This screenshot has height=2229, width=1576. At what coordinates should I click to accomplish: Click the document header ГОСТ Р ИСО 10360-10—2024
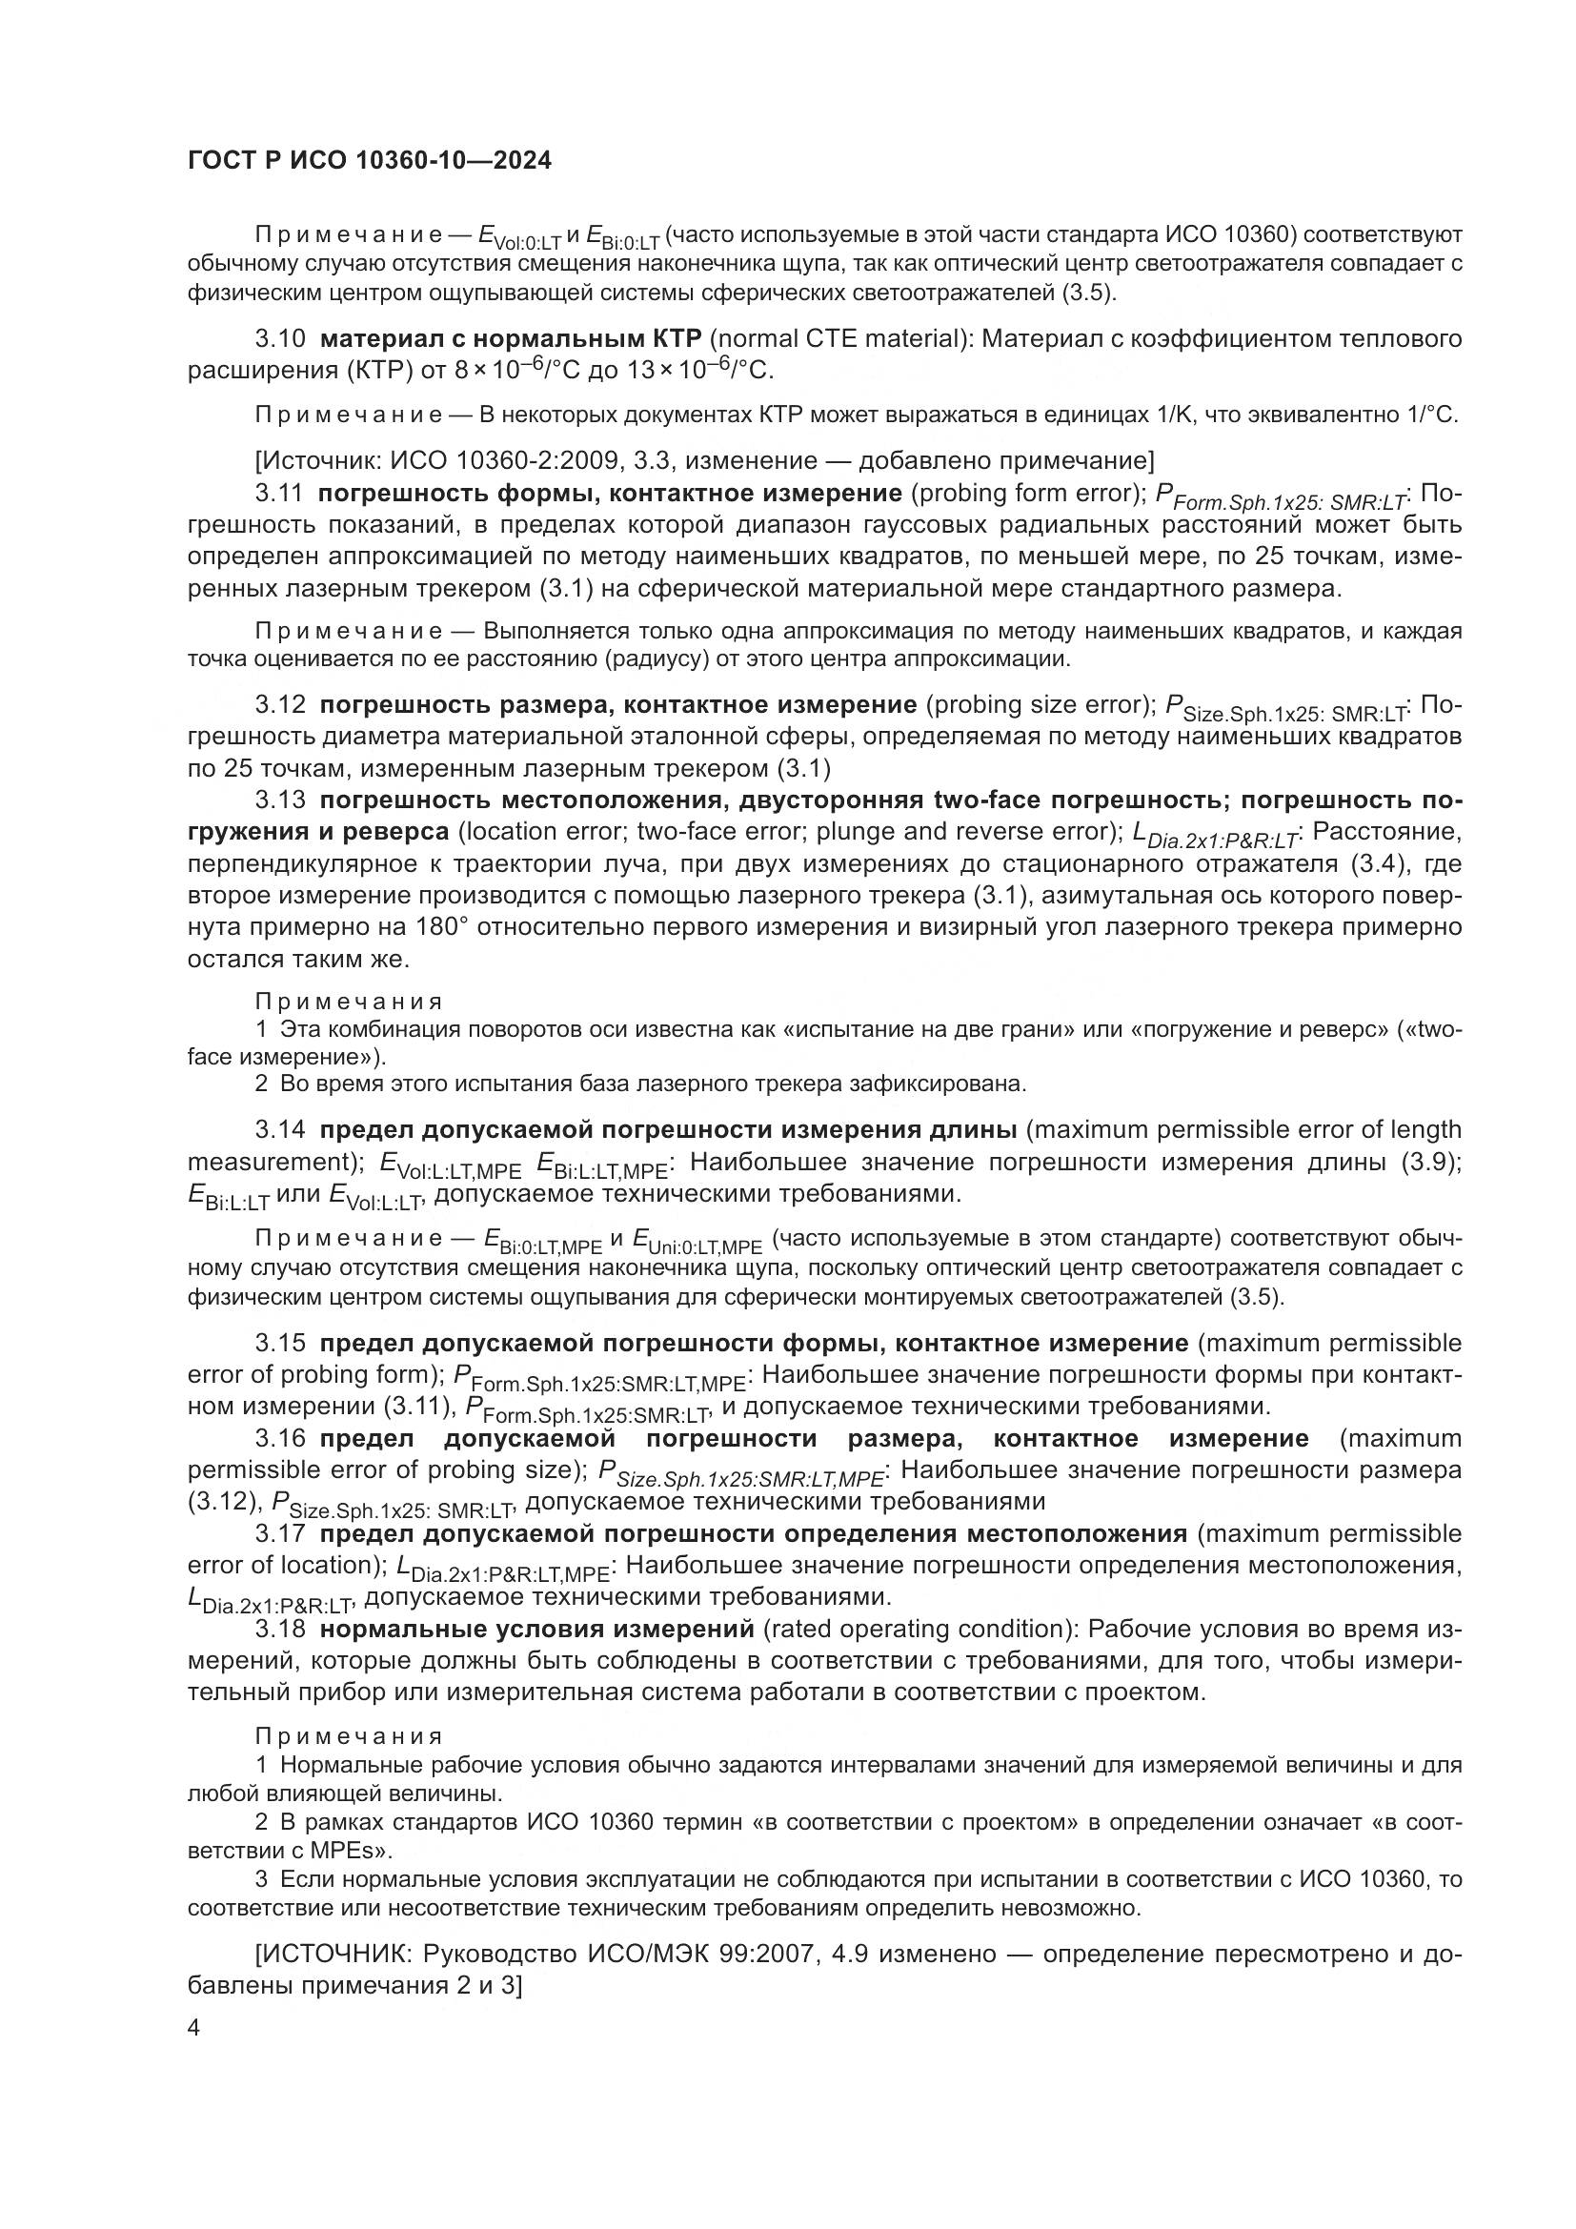pos(370,161)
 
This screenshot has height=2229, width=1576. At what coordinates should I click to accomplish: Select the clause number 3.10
pos(280,339)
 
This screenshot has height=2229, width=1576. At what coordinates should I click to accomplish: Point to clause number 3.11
pos(279,494)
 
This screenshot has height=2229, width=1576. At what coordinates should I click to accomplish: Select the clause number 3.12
pos(280,704)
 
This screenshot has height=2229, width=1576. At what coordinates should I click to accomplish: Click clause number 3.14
pos(280,1129)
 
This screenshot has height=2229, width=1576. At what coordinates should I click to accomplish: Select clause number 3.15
pos(280,1343)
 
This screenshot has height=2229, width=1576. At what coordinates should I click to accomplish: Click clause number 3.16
pos(280,1438)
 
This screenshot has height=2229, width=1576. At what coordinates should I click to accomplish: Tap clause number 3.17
pos(280,1533)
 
